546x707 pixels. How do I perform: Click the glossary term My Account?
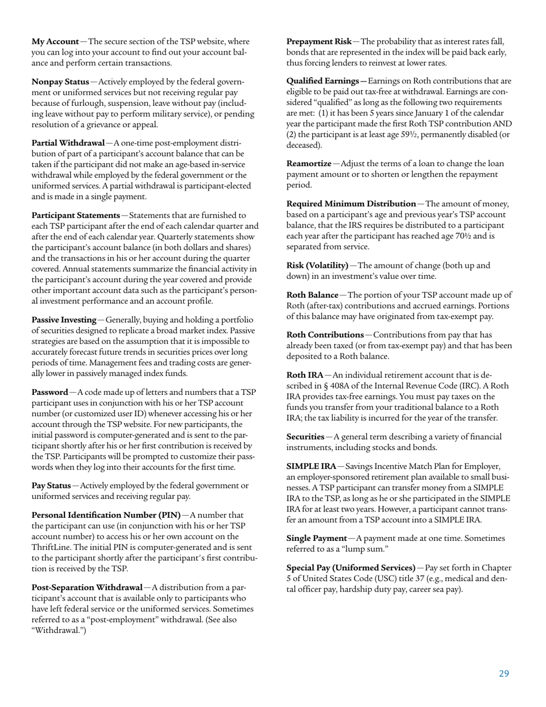[x=55, y=42]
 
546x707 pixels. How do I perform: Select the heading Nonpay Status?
[x=60, y=83]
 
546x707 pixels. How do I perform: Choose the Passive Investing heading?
[x=64, y=320]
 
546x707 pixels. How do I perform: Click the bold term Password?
[x=49, y=393]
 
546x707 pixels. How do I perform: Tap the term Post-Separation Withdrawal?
[x=87, y=587]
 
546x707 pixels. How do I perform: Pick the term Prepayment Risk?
[x=319, y=42]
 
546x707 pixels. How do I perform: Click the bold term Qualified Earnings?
[x=325, y=82]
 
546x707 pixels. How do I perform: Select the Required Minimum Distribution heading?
[x=351, y=204]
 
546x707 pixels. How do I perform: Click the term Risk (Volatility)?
[x=317, y=266]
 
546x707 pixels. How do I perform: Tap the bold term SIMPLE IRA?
[x=311, y=466]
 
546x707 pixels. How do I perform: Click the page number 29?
[x=503, y=674]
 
